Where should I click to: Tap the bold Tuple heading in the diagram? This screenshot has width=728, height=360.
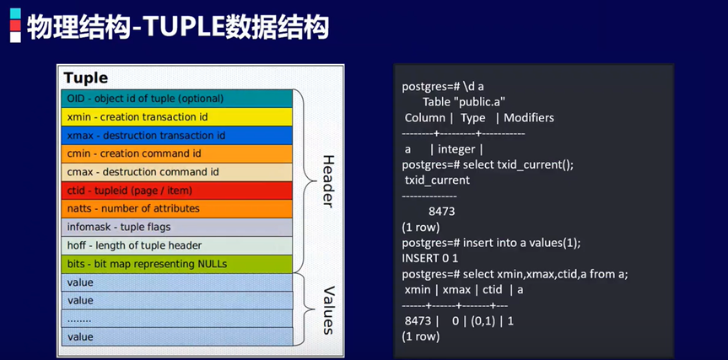(86, 78)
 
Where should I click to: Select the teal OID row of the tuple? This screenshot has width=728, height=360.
(176, 98)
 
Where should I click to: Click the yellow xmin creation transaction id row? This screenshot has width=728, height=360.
(176, 116)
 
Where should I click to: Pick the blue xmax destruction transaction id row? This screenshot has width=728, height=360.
(176, 135)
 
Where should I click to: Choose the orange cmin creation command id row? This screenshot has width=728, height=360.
(176, 153)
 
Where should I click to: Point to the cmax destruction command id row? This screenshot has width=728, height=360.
(176, 171)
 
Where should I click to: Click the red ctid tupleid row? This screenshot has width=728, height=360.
(176, 190)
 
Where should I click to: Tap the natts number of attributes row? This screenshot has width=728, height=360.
(176, 208)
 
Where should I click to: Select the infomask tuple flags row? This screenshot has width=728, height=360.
(176, 227)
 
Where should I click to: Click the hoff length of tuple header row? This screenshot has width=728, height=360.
(176, 245)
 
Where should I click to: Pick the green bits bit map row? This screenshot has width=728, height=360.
(176, 264)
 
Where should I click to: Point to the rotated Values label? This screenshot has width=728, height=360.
(328, 309)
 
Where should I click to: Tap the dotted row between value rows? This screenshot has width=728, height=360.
(176, 319)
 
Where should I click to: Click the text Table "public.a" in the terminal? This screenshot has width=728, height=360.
(464, 102)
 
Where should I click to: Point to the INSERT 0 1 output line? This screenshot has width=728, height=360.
(433, 258)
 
